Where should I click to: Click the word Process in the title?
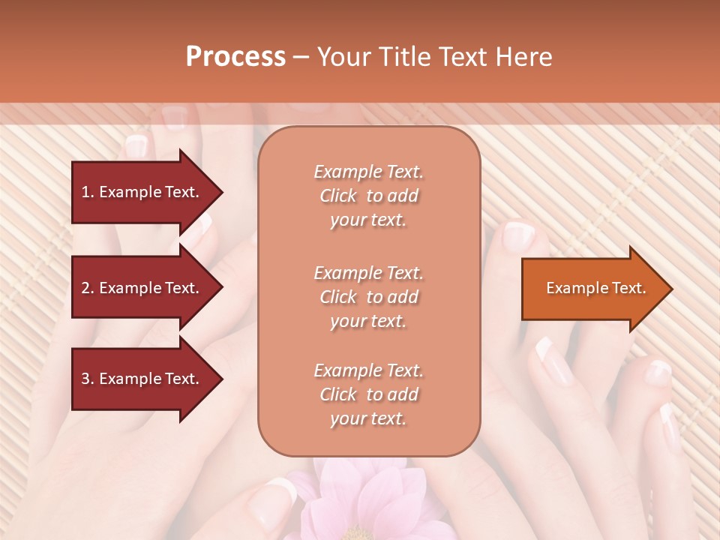(235, 57)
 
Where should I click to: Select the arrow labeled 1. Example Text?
(142, 192)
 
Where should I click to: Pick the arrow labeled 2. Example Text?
(142, 288)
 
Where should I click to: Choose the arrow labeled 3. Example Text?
(142, 379)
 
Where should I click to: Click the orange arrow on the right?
(592, 289)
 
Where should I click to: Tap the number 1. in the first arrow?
(88, 192)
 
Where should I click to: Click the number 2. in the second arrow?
(88, 288)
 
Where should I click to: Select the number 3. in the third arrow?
(88, 379)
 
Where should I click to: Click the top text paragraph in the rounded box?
(368, 196)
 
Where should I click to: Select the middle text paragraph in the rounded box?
(368, 297)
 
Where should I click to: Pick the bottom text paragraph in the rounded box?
(368, 394)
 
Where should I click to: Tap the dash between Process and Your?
(301, 57)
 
